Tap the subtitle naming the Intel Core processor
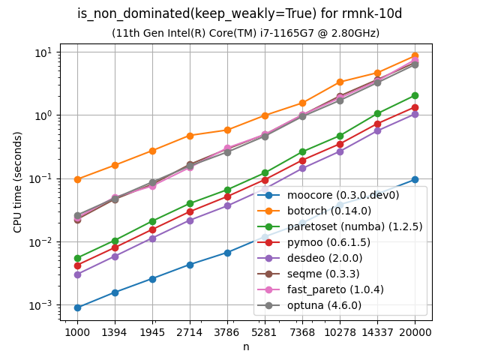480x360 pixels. point(245,33)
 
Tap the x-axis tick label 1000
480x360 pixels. point(77,331)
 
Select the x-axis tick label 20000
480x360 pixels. point(415,331)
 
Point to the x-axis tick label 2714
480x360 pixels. point(190,331)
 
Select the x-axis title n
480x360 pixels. point(246,346)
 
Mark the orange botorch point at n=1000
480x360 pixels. point(77,179)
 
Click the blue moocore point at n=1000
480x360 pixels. point(77,307)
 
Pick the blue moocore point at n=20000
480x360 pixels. point(415,179)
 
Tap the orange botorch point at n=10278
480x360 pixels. point(340,82)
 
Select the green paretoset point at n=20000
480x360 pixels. point(415,95)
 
